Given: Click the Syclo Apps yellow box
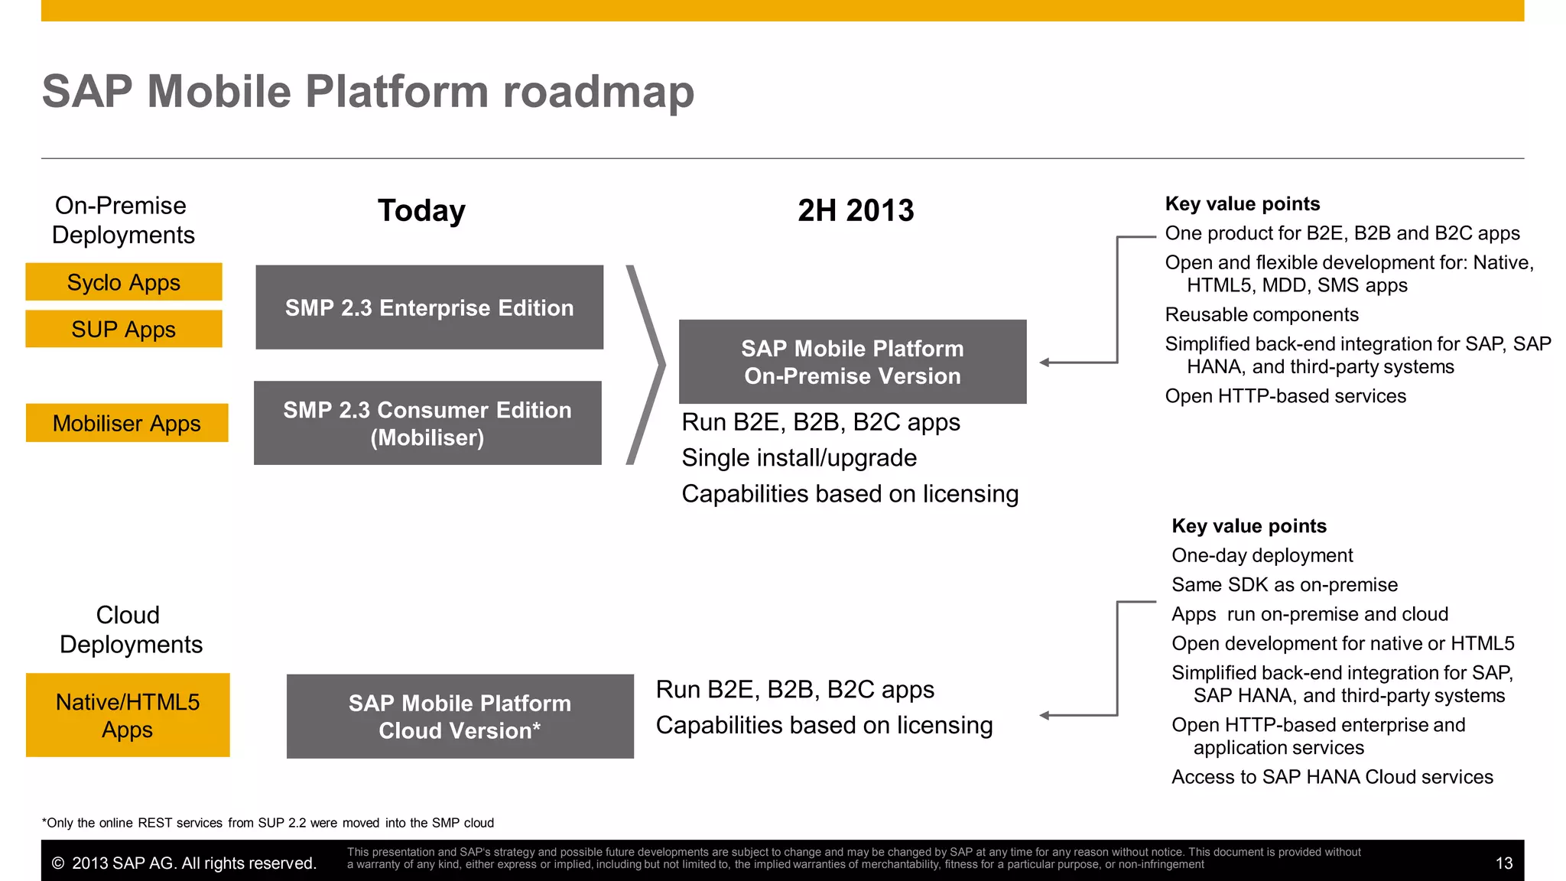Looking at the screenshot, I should [x=124, y=282].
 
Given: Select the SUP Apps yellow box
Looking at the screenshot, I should [x=124, y=329].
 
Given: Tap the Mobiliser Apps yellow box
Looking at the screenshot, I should [x=127, y=423].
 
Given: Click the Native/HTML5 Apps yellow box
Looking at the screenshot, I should [x=128, y=715].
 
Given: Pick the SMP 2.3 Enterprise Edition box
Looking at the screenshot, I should [x=429, y=307].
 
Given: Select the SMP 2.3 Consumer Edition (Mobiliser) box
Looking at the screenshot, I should [x=427, y=423].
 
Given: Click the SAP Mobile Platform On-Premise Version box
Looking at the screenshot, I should [x=853, y=362].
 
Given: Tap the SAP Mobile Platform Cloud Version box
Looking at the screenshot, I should [x=460, y=717].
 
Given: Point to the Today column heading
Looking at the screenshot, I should [x=421, y=210].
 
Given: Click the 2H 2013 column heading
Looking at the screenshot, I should [x=856, y=210].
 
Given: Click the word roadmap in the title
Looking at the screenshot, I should [x=598, y=92].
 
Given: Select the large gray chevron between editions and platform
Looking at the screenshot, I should [x=647, y=365].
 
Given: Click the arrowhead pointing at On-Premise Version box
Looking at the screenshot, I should [x=1045, y=362].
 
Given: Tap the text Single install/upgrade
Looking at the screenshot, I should [x=799, y=457].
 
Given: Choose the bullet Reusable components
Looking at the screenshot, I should [x=1262, y=314].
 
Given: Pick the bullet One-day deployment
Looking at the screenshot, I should [x=1262, y=555].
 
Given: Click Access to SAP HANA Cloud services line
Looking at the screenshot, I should [x=1332, y=777].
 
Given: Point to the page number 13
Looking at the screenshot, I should [x=1503, y=863].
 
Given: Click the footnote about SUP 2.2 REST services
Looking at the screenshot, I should [x=268, y=823].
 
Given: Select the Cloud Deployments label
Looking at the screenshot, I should [x=130, y=629].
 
